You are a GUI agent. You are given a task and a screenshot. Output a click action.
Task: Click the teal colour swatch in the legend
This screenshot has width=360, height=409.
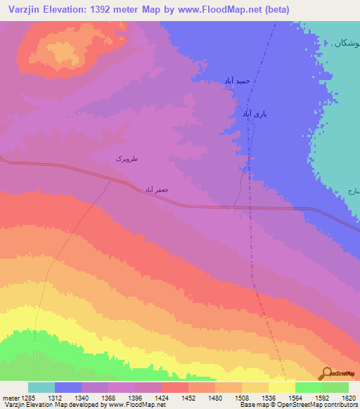pos(41,387)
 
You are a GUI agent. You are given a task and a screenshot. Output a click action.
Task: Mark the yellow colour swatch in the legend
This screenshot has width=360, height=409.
pos(281,387)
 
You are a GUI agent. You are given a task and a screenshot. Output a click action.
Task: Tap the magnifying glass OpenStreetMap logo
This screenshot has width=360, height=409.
pos(326,373)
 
